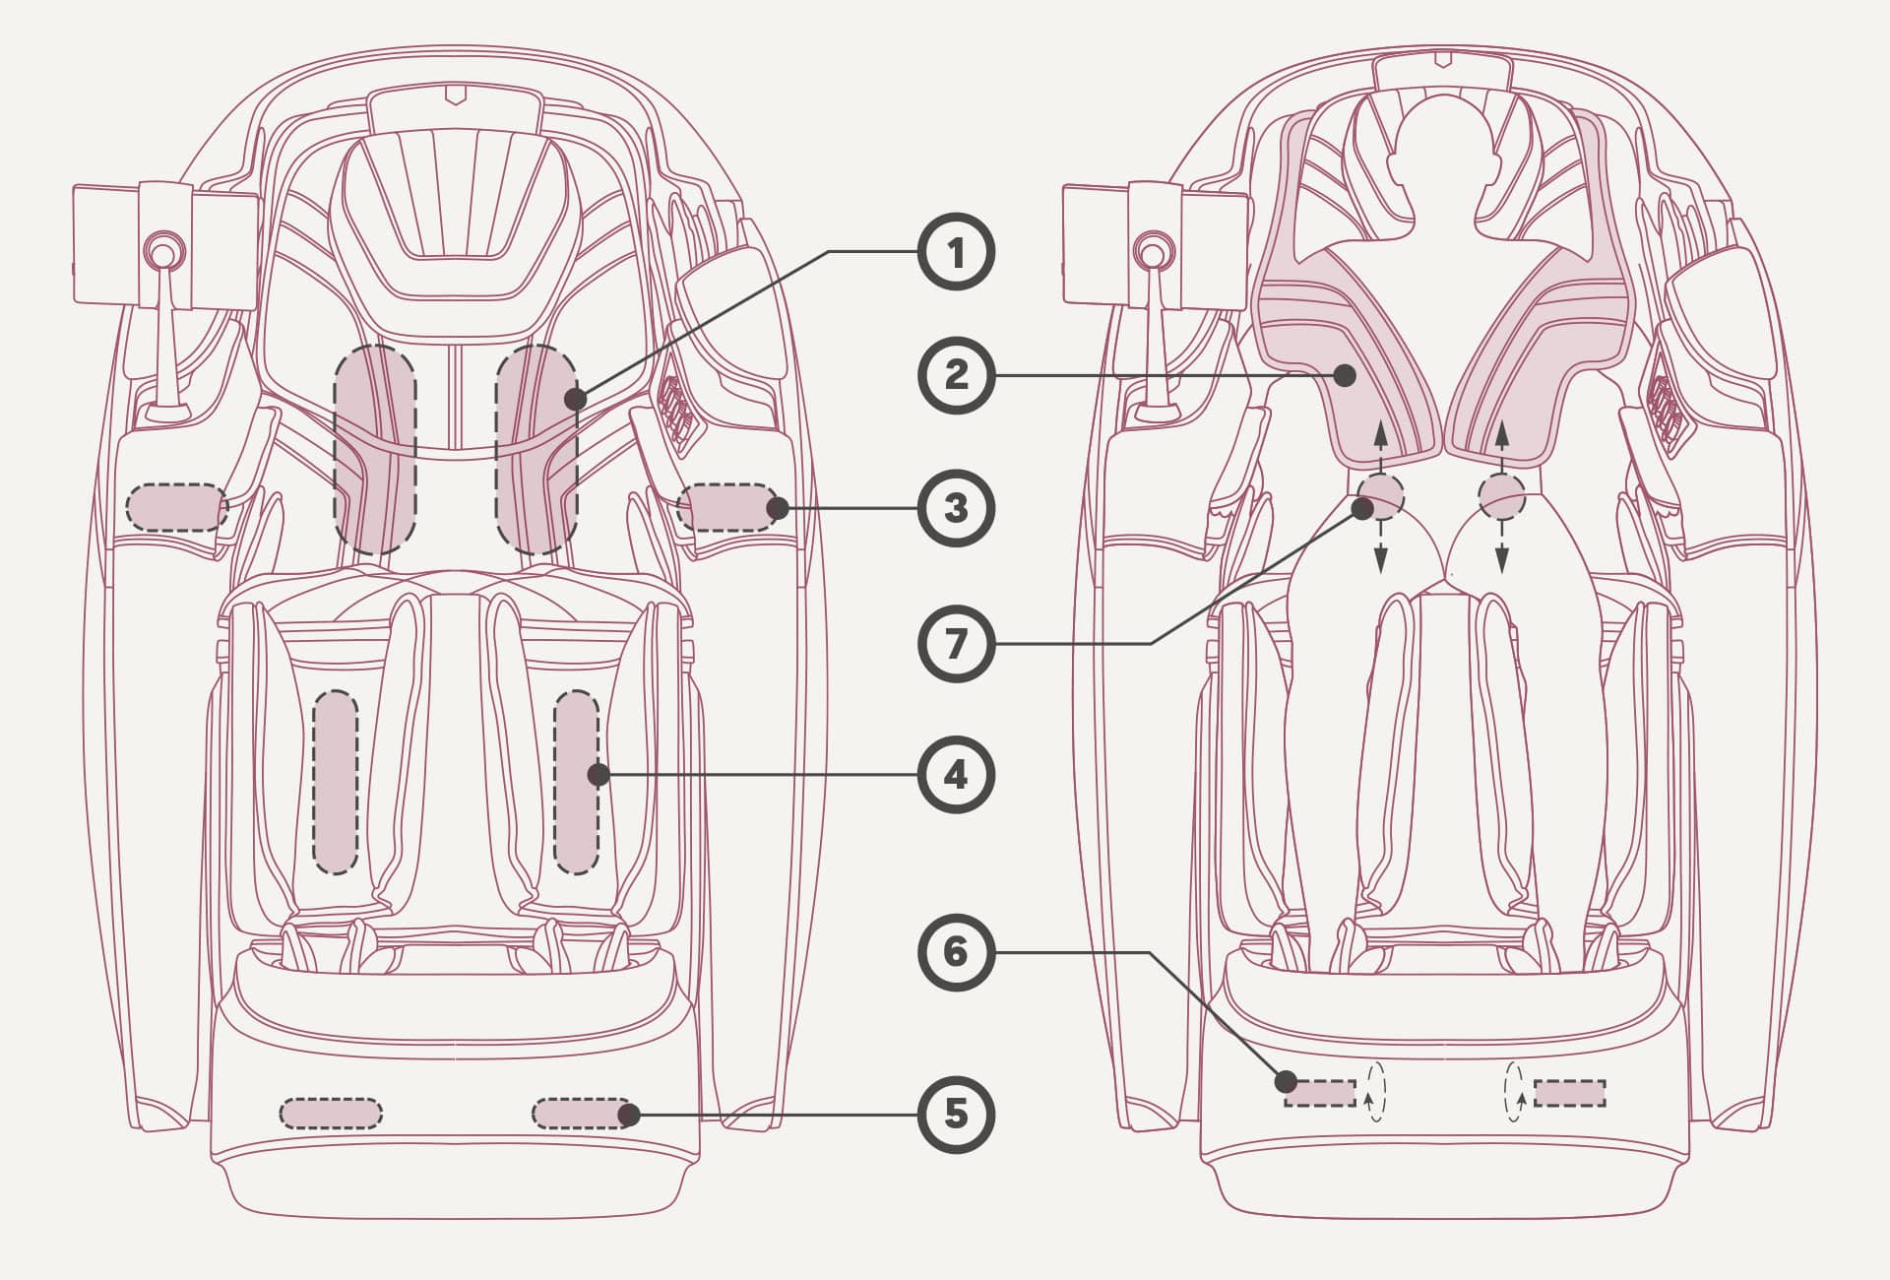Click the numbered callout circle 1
(956, 253)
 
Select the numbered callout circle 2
(956, 375)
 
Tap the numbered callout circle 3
(956, 509)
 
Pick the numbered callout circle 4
(956, 775)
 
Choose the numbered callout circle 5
(956, 1115)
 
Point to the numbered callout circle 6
(956, 952)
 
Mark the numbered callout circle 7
(956, 645)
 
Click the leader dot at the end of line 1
(576, 399)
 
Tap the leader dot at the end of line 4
(598, 775)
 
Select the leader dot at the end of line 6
(1286, 1082)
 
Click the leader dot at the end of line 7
(1362, 508)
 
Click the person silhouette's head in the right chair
(1442, 138)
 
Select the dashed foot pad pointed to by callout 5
(582, 1114)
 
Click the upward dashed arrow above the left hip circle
(1380, 447)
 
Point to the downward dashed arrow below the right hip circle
(1501, 546)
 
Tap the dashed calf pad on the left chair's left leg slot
(336, 783)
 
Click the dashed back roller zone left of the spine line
(375, 449)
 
